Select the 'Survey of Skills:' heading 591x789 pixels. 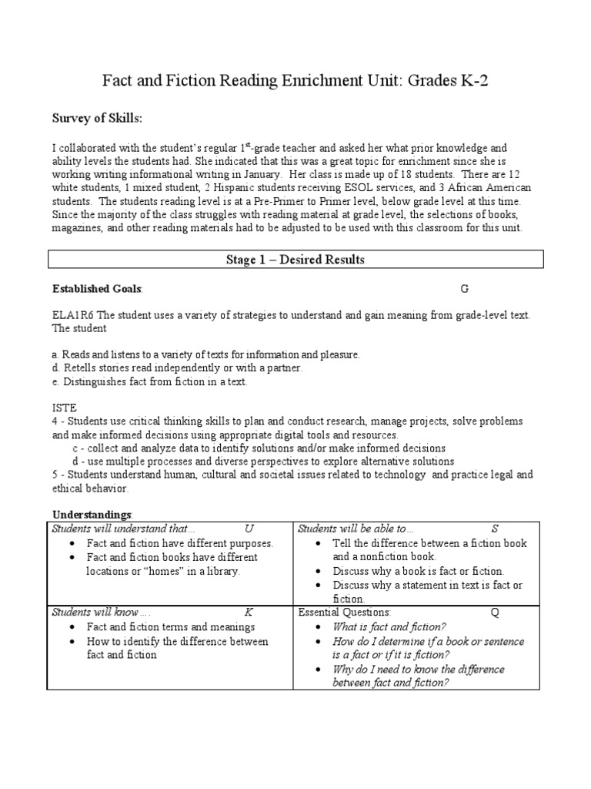tap(97, 119)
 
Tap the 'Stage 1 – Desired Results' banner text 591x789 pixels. tap(295, 260)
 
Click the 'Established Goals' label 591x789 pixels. tap(96, 289)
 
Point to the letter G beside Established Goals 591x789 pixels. tap(464, 289)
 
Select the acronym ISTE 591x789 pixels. tap(64, 406)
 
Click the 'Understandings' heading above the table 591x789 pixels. tap(92, 514)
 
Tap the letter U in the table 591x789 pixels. tap(249, 529)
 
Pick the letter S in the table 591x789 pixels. tap(495, 529)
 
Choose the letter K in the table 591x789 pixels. tap(249, 613)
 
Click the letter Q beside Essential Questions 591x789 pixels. tap(494, 613)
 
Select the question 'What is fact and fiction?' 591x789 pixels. tap(389, 627)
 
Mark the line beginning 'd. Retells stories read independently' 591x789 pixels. tap(177, 368)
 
